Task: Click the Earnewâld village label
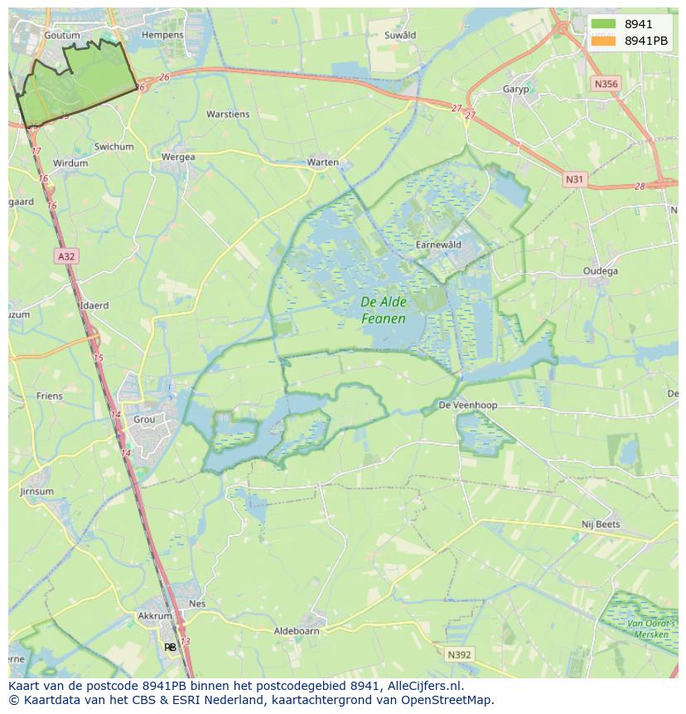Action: tap(437, 245)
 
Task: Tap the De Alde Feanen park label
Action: tap(384, 310)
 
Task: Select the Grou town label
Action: tap(144, 420)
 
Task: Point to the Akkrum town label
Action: tap(155, 616)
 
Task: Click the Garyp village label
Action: tap(515, 90)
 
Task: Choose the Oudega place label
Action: tap(600, 271)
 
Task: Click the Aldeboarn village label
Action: tap(297, 631)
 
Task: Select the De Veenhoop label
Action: tap(468, 406)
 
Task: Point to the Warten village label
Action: tap(322, 163)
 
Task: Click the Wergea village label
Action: tap(178, 157)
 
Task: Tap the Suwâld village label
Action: tap(400, 36)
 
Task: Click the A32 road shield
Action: tap(66, 257)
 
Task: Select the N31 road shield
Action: tap(574, 179)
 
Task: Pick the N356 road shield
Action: tap(606, 84)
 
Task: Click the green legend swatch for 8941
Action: tap(604, 24)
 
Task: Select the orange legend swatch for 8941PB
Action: tap(604, 41)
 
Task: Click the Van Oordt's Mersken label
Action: tap(650, 628)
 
